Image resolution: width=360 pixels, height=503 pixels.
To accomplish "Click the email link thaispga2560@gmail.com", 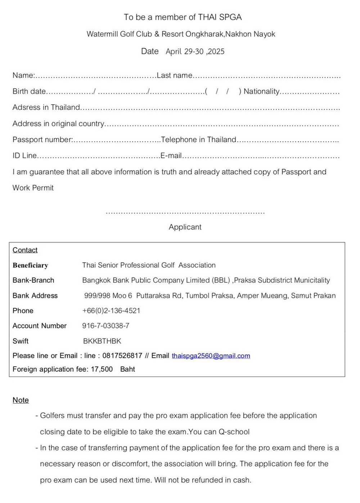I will pos(211,356).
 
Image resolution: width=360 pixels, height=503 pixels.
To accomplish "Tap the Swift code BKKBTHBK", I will pos(102,341).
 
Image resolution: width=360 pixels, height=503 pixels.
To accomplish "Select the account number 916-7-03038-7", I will pos(105,326).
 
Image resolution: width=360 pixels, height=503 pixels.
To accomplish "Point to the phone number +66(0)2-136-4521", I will pos(111,311).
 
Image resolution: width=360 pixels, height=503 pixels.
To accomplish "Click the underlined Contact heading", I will pos(25,250).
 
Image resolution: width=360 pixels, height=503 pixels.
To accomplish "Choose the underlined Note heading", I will pos(21,400).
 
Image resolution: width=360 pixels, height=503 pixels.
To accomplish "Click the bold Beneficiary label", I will pos(30,266).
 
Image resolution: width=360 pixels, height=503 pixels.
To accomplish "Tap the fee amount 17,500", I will pos(102,369).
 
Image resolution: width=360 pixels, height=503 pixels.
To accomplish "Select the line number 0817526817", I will pos(122,356).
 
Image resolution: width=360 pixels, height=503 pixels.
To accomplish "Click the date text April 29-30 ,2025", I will pos(195,51).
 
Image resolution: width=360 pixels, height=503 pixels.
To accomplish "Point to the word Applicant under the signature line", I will pos(185,227).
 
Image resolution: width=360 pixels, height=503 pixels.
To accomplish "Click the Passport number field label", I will pos(42,140).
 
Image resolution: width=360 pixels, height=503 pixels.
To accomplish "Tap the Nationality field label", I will pos(261,91).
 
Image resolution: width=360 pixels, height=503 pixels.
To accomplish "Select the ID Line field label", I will pos(24,155).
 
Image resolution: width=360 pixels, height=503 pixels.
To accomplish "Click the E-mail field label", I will pos(171,155).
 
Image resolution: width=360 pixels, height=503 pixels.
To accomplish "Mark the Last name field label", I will pos(175,75).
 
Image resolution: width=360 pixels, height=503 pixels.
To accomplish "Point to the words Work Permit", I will pos(33,188).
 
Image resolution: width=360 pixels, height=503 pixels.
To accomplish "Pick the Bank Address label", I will pos(35,296).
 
